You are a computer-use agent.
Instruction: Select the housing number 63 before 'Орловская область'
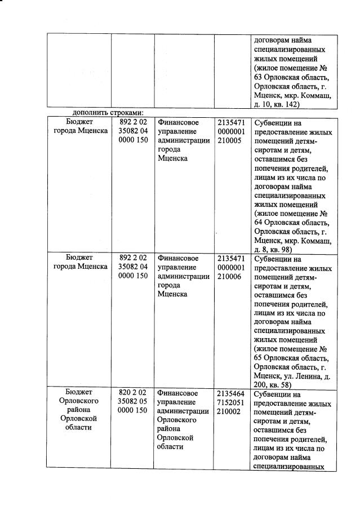tap(259, 77)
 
